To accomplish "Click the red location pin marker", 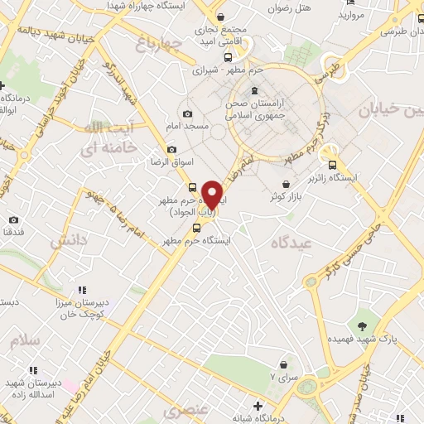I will click(213, 195).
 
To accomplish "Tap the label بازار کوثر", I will click(286, 197).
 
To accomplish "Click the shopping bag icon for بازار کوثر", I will click(286, 183).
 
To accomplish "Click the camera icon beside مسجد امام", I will click(187, 113).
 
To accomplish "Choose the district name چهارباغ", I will click(157, 44).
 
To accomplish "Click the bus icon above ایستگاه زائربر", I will click(333, 163).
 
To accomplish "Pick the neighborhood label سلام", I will click(26, 340).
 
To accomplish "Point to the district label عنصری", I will click(183, 411).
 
